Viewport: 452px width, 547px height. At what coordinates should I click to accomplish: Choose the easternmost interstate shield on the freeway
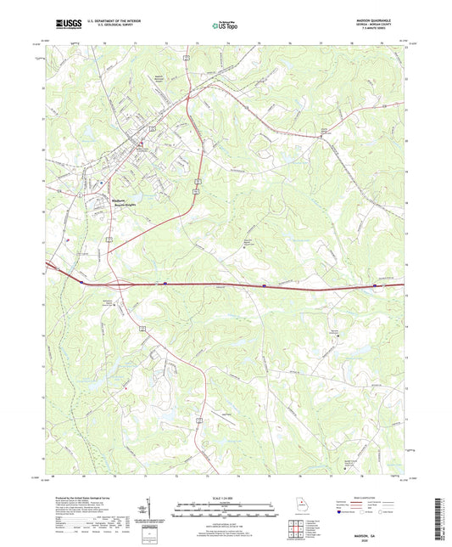374,286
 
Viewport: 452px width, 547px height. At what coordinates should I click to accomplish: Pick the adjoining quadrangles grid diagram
296,527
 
